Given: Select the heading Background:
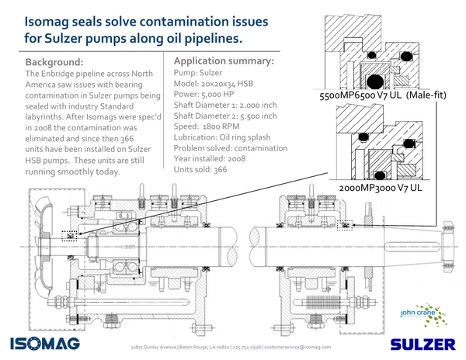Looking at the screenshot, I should pos(55,61).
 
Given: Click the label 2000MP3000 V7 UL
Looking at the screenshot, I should pos(381,188).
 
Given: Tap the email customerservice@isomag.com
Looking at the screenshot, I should pos(299,347).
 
